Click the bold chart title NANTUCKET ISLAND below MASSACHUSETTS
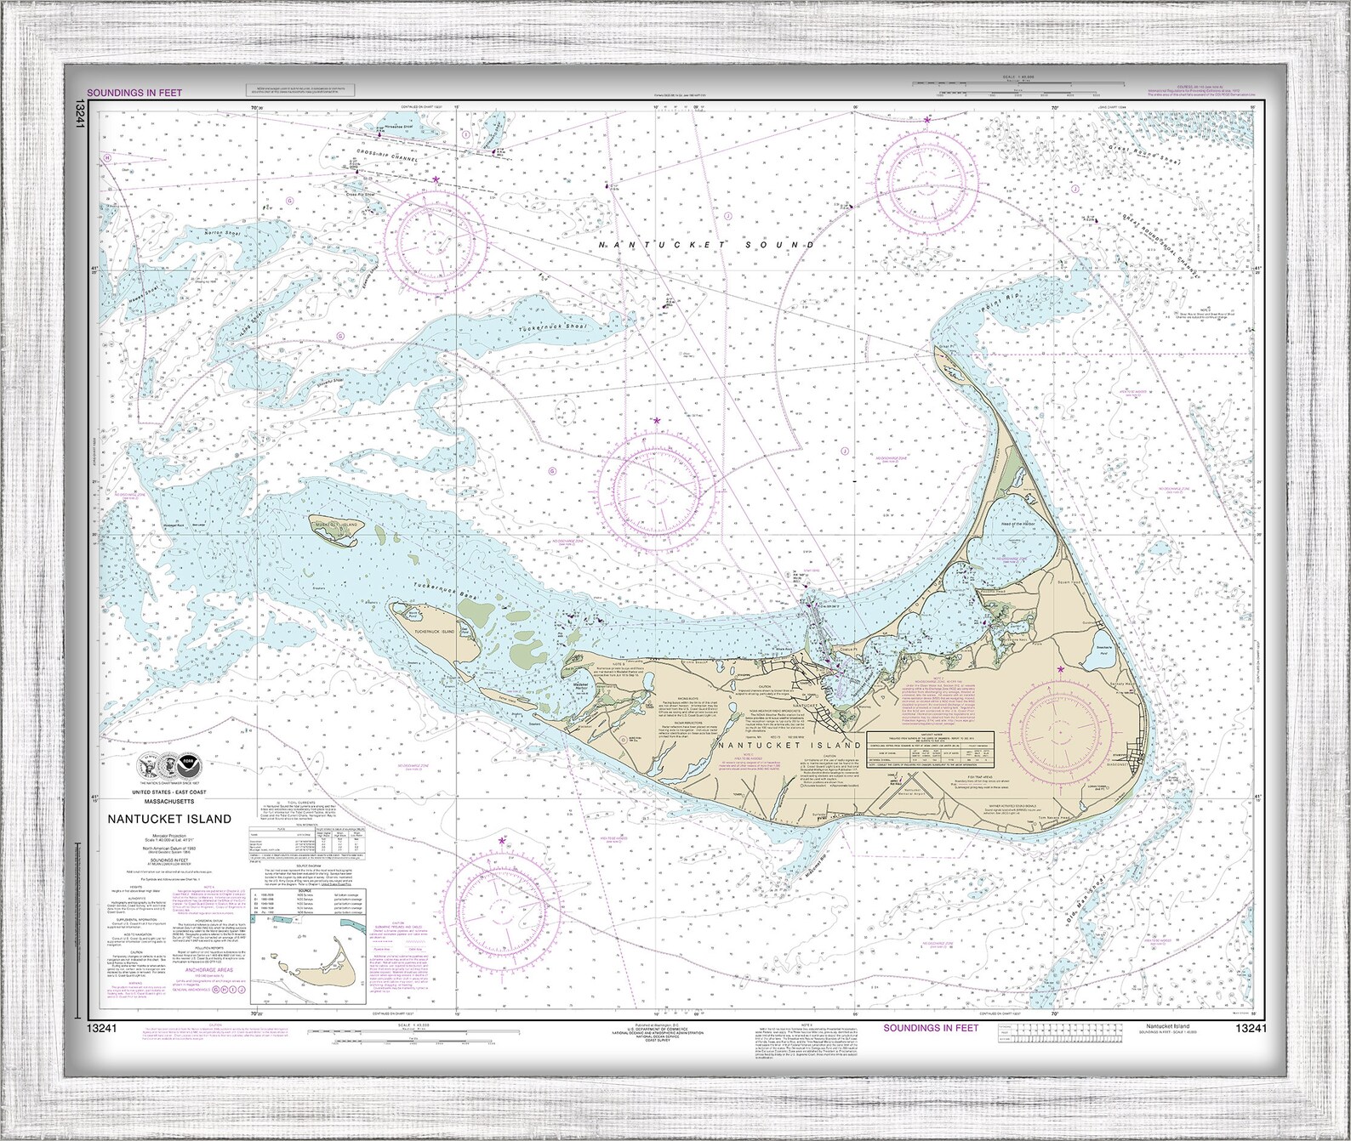pyautogui.click(x=168, y=819)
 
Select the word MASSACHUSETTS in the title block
pyautogui.click(x=168, y=801)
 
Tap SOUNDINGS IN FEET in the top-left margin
pyautogui.click(x=134, y=93)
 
